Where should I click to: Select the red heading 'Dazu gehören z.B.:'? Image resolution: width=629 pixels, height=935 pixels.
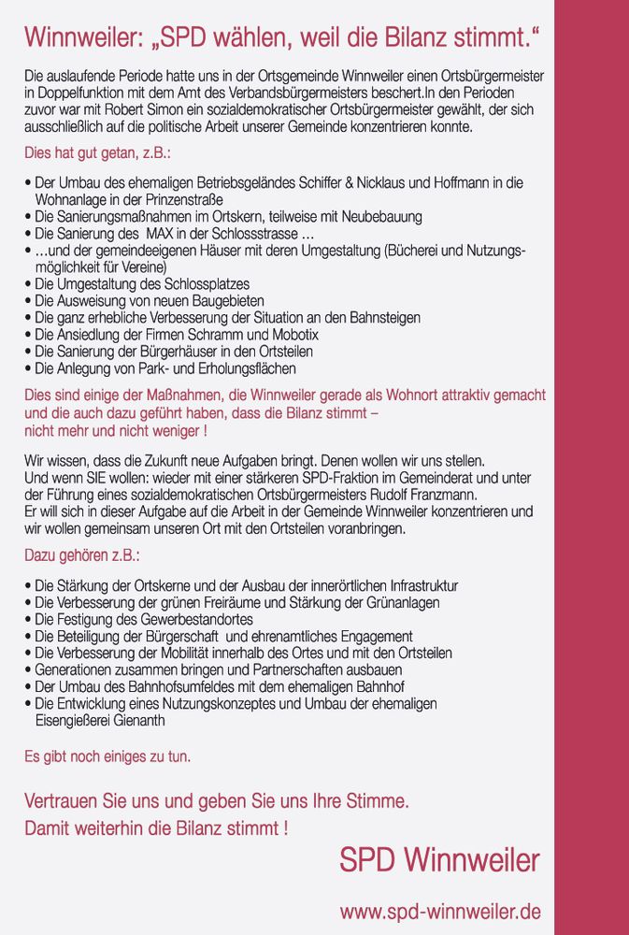pos(81,555)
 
